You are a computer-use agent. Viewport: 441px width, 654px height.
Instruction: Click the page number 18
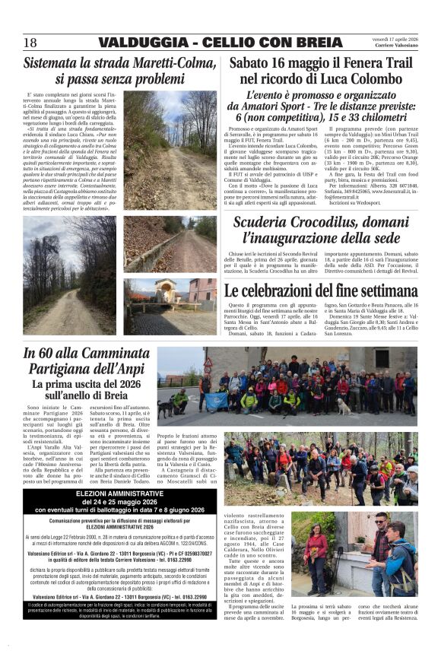30,41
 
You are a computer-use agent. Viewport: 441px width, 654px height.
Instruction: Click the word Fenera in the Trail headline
341,64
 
